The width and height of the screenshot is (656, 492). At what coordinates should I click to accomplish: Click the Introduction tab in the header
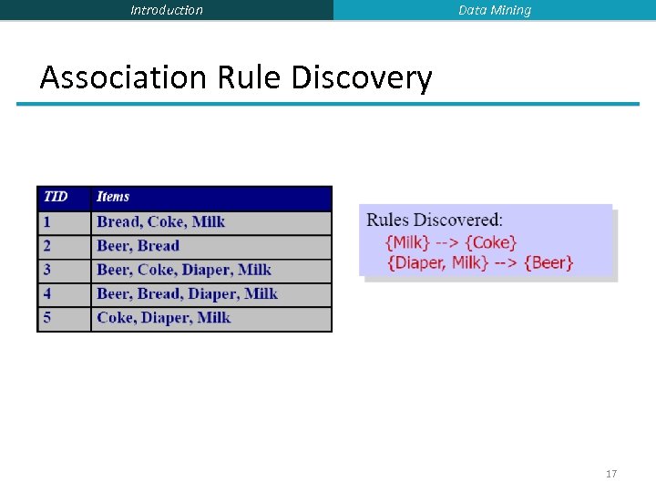[x=167, y=10]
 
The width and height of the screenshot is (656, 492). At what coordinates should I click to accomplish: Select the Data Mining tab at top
[x=495, y=10]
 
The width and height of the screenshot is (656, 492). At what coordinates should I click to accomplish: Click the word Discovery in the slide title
[x=362, y=77]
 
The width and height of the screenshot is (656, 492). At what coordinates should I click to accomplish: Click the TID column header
[x=56, y=197]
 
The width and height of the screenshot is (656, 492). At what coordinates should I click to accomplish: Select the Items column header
[x=113, y=197]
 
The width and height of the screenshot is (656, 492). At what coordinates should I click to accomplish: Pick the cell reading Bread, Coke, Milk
[x=160, y=221]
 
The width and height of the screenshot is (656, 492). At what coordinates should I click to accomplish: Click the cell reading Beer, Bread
[x=138, y=246]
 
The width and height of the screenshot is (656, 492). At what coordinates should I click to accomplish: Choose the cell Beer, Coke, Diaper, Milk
[x=184, y=270]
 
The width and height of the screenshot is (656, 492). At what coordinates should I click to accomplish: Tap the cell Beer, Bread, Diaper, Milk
[x=187, y=293]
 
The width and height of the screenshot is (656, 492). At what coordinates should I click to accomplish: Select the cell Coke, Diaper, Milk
[x=164, y=318]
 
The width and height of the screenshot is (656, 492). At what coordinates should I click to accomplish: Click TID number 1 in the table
[x=46, y=221]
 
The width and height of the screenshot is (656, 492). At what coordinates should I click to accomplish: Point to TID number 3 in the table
[x=46, y=270]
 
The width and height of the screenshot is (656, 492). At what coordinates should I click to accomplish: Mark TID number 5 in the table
[x=46, y=318]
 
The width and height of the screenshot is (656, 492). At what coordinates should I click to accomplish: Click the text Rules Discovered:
[x=434, y=220]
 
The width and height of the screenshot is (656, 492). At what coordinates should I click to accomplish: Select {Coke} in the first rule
[x=491, y=242]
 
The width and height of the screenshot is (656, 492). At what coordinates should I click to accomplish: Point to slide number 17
[x=611, y=474]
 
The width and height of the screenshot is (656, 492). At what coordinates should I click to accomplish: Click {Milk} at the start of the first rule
[x=408, y=242]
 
